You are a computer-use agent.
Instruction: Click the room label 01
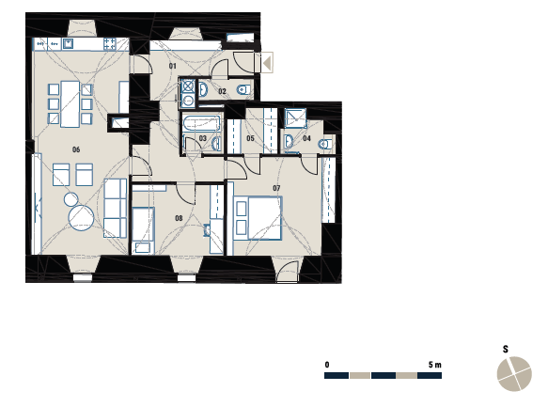coord(173,66)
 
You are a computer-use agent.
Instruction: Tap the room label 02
coord(222,91)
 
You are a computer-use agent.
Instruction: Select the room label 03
coord(203,138)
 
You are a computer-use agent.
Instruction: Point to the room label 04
coord(306,138)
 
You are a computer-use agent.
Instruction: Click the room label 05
coord(250,138)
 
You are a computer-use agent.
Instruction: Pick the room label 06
coord(76,149)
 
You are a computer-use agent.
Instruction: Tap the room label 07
coord(276,188)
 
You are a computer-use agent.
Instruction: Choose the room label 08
coord(179,218)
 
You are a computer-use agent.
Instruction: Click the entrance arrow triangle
coord(267,63)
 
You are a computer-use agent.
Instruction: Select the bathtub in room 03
coord(201,122)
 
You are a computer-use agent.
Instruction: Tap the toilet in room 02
coord(243,90)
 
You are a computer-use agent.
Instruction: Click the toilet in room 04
coord(325,144)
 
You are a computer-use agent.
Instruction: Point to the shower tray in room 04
coord(295,118)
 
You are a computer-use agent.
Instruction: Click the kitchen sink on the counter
coord(68,43)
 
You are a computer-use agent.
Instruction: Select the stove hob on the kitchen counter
coord(109,43)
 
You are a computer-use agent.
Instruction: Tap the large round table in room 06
coord(81,218)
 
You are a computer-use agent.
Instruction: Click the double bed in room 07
coord(258,218)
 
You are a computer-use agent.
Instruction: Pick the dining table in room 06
coord(70,103)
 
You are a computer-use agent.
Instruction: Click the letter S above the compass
coord(506,349)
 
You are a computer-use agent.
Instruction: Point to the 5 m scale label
coord(435,365)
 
